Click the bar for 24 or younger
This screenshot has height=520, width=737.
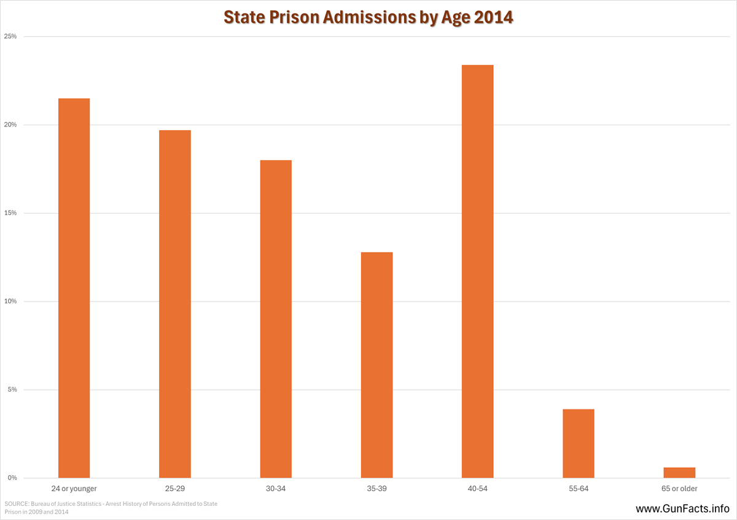[x=74, y=288]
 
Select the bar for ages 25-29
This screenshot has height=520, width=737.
[x=174, y=304]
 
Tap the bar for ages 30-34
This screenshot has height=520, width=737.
[x=276, y=319]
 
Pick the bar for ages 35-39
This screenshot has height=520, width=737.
[x=376, y=365]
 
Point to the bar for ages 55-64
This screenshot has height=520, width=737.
[x=578, y=443]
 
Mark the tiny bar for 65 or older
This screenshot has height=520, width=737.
[x=679, y=473]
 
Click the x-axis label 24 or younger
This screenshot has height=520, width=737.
[x=74, y=489]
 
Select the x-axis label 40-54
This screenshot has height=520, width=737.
[x=477, y=489]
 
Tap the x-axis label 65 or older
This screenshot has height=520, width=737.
[x=679, y=489]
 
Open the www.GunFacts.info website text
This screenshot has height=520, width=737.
[x=682, y=509]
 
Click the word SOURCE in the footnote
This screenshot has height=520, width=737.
[x=17, y=504]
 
